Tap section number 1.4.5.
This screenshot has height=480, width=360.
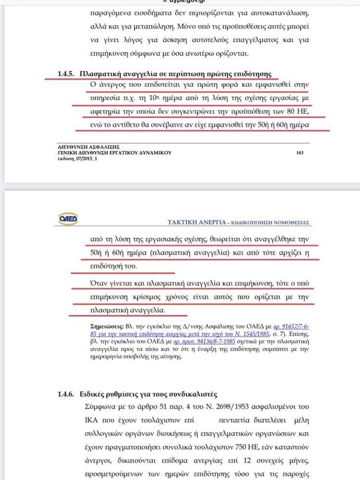pos(66,74)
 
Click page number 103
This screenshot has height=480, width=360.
pos(300,153)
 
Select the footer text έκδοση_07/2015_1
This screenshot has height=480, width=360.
pos(78,159)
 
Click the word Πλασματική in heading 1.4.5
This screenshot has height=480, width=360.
pos(101,74)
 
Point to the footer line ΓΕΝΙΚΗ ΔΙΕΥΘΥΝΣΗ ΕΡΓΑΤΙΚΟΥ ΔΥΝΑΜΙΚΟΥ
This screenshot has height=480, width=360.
pos(115,153)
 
